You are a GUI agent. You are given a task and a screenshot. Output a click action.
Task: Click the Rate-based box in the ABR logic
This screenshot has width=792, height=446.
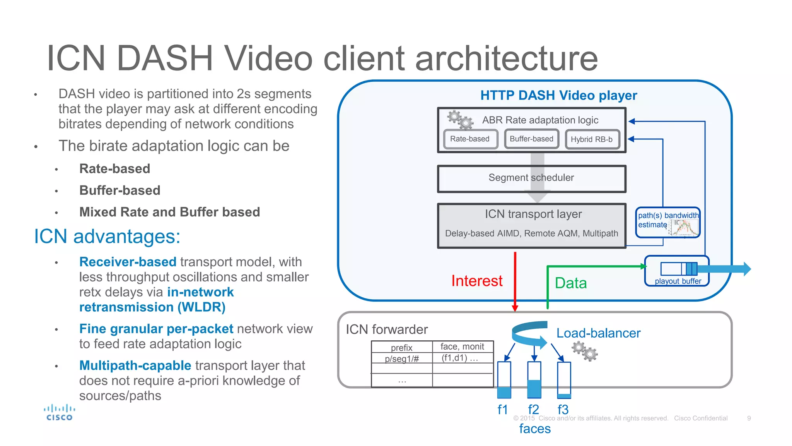470,139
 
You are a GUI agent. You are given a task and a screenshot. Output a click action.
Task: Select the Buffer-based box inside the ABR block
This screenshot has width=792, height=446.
531,139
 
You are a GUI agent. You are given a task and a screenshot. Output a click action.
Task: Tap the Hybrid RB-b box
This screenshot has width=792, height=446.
592,139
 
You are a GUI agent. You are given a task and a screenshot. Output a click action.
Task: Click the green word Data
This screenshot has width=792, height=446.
570,283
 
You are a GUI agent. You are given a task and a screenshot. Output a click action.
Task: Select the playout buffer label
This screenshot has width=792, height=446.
678,281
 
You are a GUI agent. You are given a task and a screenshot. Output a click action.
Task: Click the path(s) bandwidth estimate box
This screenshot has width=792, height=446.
667,222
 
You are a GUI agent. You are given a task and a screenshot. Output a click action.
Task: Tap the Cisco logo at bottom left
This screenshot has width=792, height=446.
59,412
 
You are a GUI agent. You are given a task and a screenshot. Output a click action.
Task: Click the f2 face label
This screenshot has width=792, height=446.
533,409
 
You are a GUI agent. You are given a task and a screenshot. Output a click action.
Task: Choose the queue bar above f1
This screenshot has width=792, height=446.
504,380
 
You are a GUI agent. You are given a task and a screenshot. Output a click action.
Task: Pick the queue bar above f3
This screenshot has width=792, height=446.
564,380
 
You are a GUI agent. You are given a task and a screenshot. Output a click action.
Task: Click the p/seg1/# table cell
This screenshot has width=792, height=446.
401,359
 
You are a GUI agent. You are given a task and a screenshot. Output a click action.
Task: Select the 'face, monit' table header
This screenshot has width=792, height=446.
462,347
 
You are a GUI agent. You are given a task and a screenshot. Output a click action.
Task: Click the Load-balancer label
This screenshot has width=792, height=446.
598,333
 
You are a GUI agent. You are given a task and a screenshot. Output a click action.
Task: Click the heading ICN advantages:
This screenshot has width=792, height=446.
107,236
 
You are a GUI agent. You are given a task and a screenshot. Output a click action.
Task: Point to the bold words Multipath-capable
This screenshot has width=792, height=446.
135,365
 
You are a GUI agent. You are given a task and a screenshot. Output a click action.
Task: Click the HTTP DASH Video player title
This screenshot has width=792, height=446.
558,95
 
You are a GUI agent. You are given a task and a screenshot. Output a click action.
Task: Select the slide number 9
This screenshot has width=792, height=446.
749,418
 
